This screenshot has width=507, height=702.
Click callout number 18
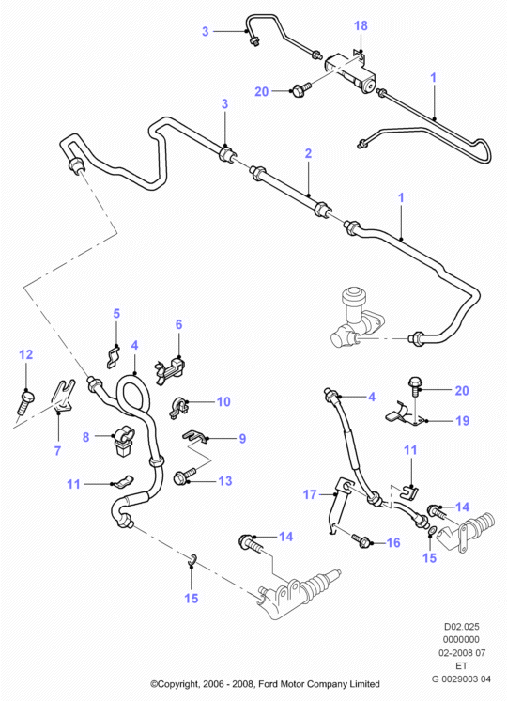point(361,26)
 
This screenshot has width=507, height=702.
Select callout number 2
point(308,153)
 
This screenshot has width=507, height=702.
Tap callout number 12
point(26,354)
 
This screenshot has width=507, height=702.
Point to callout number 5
point(116,313)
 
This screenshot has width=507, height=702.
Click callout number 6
point(179,324)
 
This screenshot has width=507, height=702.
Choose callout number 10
point(223,401)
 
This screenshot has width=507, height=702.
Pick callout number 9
point(242,438)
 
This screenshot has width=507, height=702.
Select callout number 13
point(225,481)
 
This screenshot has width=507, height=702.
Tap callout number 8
point(86,437)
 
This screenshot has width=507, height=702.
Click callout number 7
point(57,450)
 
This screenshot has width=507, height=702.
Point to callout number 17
point(310,494)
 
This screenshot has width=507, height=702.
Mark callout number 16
point(392,542)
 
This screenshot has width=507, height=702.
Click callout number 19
point(462,420)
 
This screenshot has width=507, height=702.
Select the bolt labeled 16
point(361,539)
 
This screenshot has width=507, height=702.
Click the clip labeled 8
point(123,441)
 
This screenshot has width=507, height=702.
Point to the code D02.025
point(461,626)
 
